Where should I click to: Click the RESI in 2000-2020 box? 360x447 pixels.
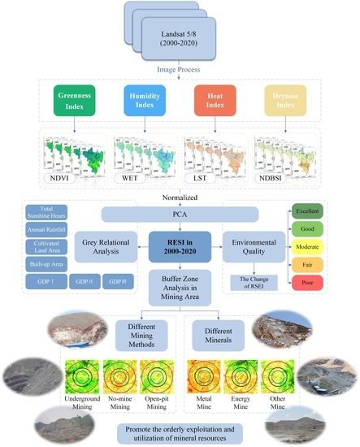[179, 244]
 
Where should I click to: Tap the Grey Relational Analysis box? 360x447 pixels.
[110, 244]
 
